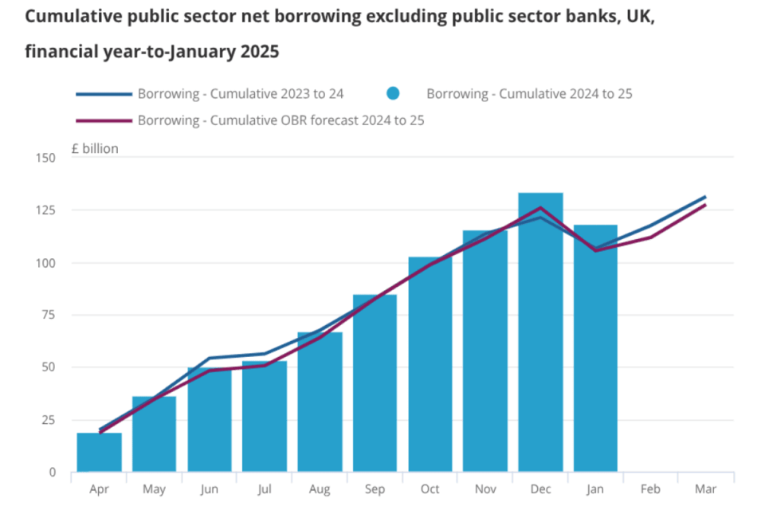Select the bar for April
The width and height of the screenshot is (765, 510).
[x=99, y=452]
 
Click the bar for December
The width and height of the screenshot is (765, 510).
[x=540, y=331]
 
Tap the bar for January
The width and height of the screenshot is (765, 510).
[x=595, y=348]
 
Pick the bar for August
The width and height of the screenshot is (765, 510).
[x=320, y=402]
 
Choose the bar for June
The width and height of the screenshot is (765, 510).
[x=210, y=420]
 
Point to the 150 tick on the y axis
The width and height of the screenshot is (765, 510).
[x=45, y=158]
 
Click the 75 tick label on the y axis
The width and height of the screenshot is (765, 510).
[x=49, y=315]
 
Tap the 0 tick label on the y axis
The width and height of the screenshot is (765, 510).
[x=53, y=473]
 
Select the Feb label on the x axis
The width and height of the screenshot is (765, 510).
[x=650, y=489]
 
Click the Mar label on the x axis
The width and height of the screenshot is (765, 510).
[x=705, y=489]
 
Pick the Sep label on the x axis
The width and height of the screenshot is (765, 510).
[x=375, y=489]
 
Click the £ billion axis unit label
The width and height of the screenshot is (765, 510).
[x=95, y=148]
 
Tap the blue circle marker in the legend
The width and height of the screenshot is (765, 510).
[x=393, y=93]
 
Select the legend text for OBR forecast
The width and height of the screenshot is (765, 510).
[x=281, y=120]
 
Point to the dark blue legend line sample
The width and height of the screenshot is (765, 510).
[x=104, y=94]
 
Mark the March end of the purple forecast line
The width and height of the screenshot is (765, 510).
[x=705, y=205]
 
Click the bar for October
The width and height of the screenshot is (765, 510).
[x=430, y=364]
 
